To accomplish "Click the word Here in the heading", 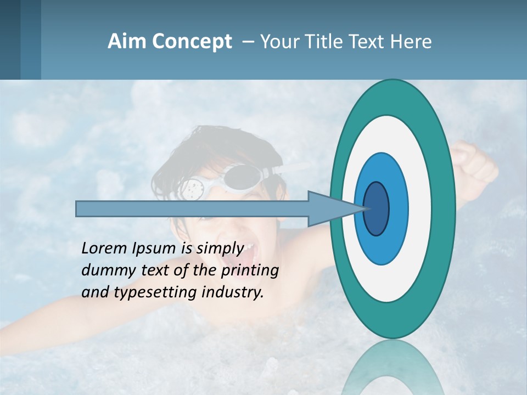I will coord(411,42).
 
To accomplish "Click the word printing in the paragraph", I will coord(250,271).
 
